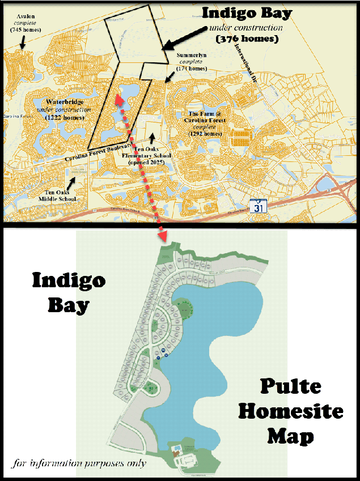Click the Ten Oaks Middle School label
[56, 195]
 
